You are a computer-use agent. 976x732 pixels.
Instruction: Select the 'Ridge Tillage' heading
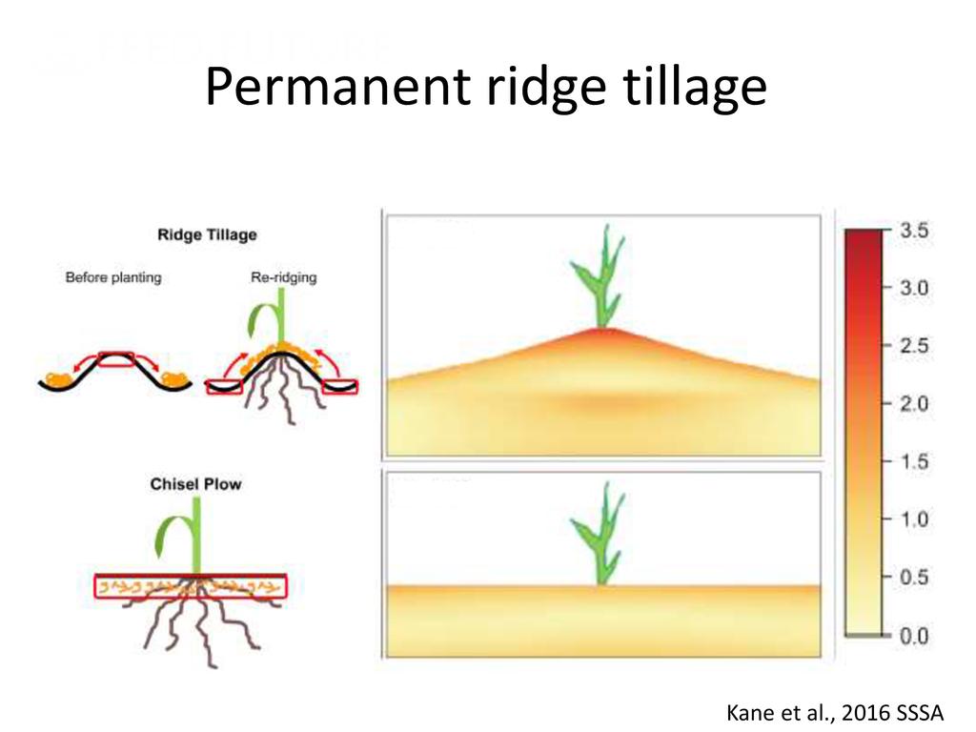pos(207,234)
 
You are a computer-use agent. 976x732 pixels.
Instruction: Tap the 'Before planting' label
pos(113,277)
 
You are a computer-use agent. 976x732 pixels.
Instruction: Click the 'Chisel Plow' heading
pos(195,484)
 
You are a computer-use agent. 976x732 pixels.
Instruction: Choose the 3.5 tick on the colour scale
pos(912,231)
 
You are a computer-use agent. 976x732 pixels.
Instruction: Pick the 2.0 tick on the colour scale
pos(912,403)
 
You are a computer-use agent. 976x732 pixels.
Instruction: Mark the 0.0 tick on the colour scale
pos(912,636)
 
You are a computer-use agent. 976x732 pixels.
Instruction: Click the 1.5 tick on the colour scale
pos(912,461)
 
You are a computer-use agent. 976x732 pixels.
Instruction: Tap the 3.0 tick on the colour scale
pos(912,288)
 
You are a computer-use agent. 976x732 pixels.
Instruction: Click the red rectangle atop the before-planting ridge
pos(117,358)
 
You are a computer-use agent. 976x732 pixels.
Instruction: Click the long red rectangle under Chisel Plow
pos(189,586)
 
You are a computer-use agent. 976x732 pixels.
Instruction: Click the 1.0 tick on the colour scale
pos(912,519)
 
